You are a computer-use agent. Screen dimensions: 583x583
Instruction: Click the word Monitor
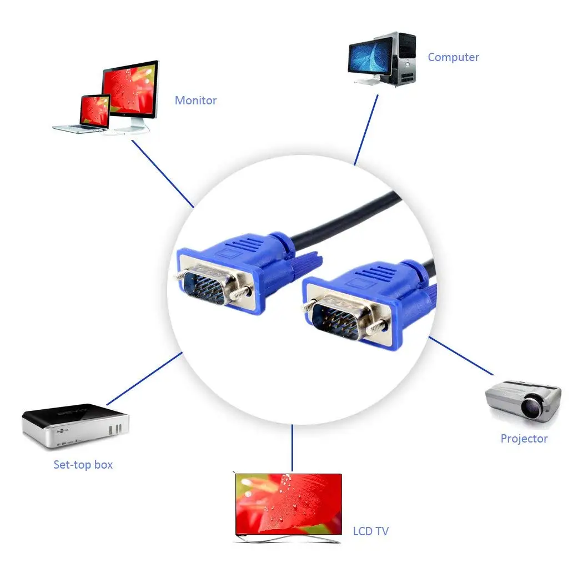(195, 100)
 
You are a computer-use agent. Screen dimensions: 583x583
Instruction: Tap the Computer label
(453, 57)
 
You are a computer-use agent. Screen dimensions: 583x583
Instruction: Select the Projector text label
(524, 439)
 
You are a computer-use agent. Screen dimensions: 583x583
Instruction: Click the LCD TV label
(371, 531)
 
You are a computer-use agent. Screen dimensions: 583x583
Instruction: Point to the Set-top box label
(83, 465)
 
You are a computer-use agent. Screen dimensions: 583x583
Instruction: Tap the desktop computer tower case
(404, 58)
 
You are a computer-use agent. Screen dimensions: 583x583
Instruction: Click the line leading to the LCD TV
(291, 448)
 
